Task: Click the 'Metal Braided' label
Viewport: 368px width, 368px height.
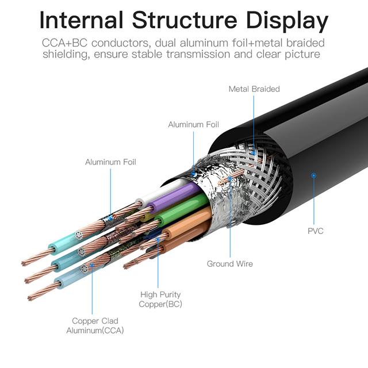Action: (254, 89)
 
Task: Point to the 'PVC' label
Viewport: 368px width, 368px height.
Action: (316, 231)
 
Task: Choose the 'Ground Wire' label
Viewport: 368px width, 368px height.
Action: (229, 264)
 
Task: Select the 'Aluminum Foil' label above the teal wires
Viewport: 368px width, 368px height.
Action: (110, 162)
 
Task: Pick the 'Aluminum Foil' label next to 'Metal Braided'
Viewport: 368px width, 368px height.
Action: (193, 125)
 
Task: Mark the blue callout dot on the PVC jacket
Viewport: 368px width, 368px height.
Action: (313, 174)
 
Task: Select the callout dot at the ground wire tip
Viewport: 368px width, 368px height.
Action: (231, 179)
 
